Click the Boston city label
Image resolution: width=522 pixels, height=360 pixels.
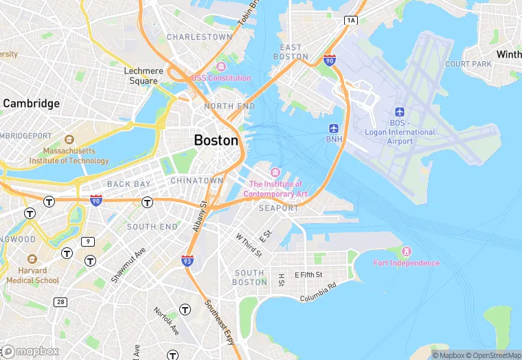[216, 140]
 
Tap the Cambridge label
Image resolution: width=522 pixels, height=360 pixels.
[32, 104]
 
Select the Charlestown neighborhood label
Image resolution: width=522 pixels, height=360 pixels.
[199, 37]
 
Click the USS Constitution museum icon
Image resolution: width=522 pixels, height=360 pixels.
[220, 67]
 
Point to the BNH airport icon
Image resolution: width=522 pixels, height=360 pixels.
[334, 128]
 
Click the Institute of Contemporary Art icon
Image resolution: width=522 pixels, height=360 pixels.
[275, 172]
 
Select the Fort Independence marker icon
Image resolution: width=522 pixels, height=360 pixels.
[406, 251]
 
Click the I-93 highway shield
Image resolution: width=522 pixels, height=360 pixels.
[187, 260]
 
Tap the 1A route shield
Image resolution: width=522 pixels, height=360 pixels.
[352, 21]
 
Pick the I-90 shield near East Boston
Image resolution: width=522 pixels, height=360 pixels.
[330, 61]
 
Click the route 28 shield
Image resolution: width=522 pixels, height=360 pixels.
[61, 302]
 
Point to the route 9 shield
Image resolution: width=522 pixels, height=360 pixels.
[87, 241]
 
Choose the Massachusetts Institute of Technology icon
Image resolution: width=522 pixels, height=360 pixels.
[69, 139]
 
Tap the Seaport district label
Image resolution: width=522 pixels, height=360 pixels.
[279, 208]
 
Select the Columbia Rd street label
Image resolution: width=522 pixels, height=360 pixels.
[318, 292]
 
